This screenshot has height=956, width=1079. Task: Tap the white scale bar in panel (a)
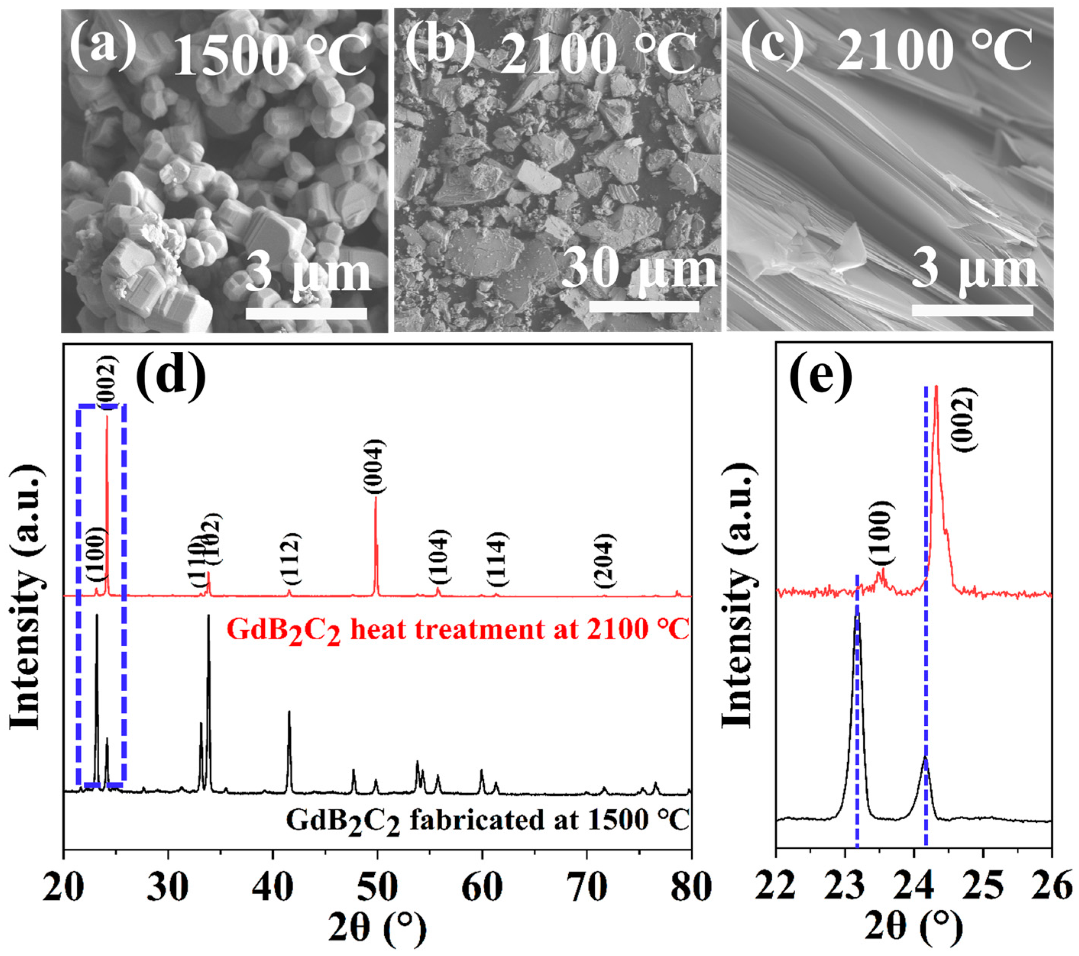click(x=306, y=313)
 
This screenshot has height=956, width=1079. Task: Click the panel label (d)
click(x=170, y=377)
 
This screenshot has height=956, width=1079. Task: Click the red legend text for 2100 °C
click(x=458, y=631)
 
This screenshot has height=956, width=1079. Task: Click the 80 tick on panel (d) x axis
click(x=689, y=887)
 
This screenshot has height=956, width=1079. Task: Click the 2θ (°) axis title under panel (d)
click(x=377, y=930)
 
